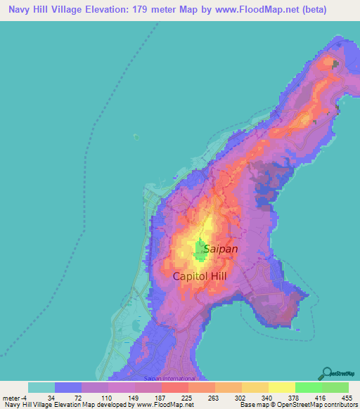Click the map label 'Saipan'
coord(221,249)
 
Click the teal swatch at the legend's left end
coord(41,387)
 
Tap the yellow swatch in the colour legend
coord(281,387)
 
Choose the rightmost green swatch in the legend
coord(335,387)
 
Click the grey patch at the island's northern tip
coord(335,64)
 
